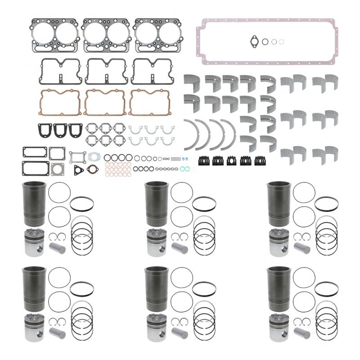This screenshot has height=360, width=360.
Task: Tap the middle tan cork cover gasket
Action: [105, 103]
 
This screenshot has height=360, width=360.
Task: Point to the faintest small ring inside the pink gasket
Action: [281, 42]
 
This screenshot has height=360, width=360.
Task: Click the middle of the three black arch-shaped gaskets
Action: [60, 130]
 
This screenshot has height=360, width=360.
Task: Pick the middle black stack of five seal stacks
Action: [232, 160]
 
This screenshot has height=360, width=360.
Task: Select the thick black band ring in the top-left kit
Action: [82, 203]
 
